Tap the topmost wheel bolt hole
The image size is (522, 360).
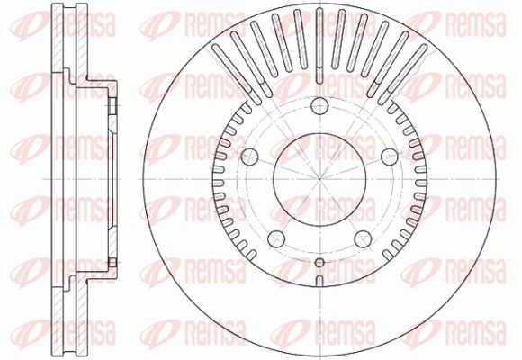(x=319, y=106)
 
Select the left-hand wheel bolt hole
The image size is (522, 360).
(x=249, y=157)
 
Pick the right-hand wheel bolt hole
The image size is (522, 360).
(x=390, y=157)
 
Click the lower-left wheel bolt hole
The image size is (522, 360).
(x=276, y=239)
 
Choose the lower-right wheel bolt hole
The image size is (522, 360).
(x=363, y=239)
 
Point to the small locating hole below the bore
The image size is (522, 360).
(x=319, y=263)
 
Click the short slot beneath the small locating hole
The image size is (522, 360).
(x=319, y=281)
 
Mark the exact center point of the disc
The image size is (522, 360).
(x=319, y=179)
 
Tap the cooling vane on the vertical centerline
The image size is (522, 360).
(x=319, y=46)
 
